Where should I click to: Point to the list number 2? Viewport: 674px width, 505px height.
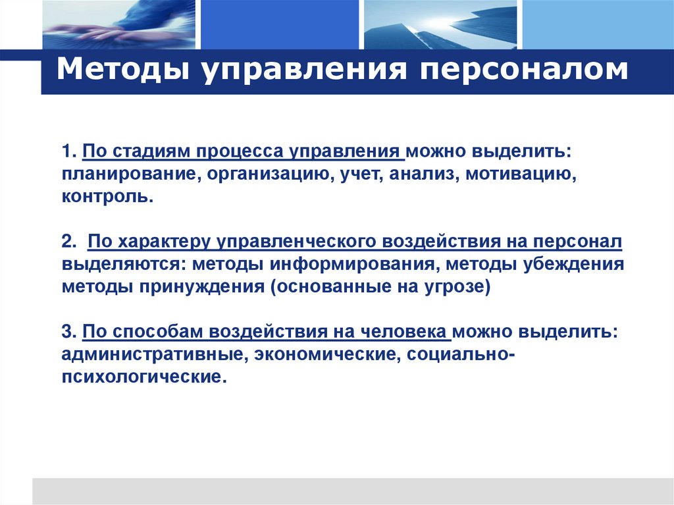pyautogui.click(x=68, y=243)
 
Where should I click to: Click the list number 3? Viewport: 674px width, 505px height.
pyautogui.click(x=68, y=332)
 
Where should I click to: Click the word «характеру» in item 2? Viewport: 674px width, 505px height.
pyautogui.click(x=152, y=243)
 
